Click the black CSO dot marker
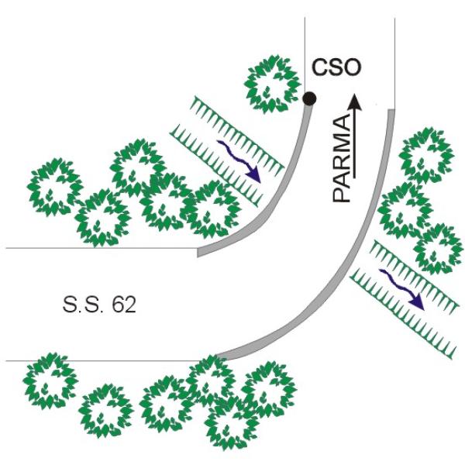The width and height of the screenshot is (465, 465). (309, 98)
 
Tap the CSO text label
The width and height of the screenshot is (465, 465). (336, 67)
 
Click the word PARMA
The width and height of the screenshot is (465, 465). (342, 159)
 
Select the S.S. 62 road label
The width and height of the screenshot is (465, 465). (99, 305)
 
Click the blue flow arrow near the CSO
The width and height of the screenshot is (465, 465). (239, 161)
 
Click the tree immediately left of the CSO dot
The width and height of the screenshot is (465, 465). (272, 84)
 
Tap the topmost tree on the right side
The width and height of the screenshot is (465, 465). (426, 157)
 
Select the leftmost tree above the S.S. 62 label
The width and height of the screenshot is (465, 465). (54, 188)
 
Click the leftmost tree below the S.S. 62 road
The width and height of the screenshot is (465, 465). (50, 381)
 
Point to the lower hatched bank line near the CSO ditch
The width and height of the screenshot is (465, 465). (216, 166)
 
